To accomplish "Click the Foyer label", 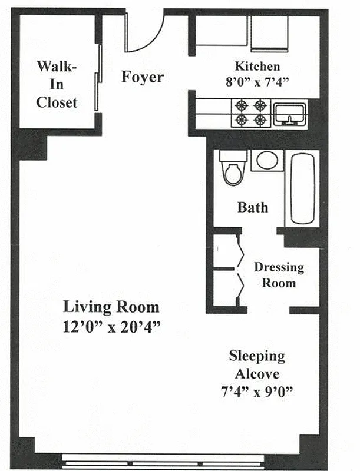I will [x=143, y=77].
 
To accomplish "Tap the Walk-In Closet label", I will [x=57, y=84].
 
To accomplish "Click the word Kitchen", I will [x=257, y=66].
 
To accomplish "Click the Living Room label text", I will [x=111, y=306].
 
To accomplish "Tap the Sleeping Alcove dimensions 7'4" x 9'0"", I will [x=257, y=390].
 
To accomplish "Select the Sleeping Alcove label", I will [x=257, y=365].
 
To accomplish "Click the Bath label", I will [x=253, y=207].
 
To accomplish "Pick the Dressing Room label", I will [x=279, y=275].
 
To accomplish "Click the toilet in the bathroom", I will [x=231, y=168].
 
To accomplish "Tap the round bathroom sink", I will [x=267, y=160].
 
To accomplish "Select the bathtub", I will [x=303, y=188].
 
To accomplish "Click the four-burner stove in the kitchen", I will [x=250, y=112].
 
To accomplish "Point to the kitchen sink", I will [x=289, y=113].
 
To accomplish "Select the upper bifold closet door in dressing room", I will [x=239, y=250].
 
